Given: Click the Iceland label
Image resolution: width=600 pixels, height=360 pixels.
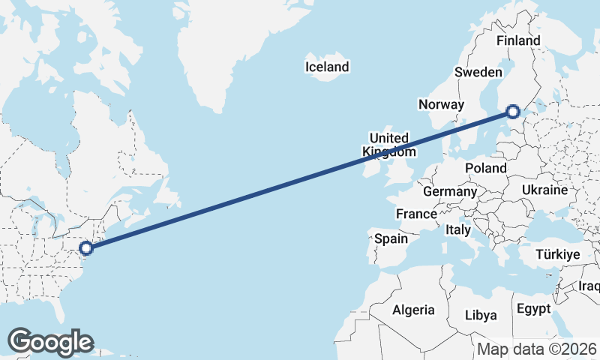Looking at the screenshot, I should [327, 67].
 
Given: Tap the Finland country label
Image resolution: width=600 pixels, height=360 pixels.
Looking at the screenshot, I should [518, 40].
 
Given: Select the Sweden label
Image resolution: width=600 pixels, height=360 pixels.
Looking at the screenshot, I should [478, 72].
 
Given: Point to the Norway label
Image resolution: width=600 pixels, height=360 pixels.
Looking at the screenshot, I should [441, 104].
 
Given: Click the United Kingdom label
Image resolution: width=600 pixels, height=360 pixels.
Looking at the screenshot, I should [389, 145].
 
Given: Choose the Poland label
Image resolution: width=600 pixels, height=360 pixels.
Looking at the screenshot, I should [485, 168].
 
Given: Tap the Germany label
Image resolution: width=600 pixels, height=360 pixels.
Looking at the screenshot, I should [450, 192].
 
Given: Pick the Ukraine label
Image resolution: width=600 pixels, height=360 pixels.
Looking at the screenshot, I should [546, 190].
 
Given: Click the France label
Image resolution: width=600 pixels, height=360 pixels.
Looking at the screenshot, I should [416, 214].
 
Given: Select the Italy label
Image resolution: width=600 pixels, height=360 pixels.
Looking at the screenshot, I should [457, 229].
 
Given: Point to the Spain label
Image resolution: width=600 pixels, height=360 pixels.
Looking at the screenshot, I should [391, 239].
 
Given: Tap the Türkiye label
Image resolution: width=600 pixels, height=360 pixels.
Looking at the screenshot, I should [558, 255].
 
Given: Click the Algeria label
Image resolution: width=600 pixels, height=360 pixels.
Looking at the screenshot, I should [413, 310].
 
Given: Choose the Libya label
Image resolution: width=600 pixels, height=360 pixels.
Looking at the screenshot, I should [481, 314].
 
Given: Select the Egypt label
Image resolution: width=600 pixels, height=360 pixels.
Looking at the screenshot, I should [533, 308].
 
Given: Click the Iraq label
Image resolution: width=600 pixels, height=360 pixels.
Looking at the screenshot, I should [589, 286].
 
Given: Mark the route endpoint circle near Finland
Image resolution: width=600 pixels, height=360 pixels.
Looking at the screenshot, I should [513, 112].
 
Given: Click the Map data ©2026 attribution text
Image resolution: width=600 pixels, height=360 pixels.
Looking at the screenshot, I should [538, 349].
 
